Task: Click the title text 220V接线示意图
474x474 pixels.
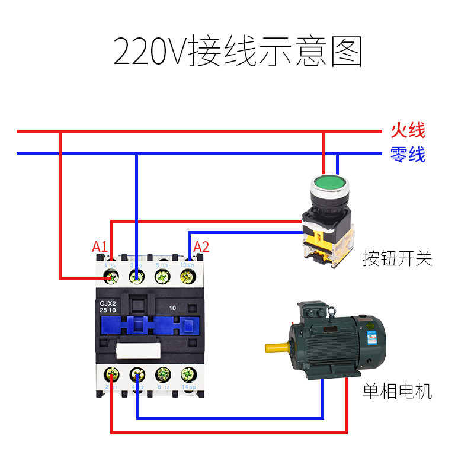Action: tap(237, 52)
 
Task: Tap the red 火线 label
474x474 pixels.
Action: tap(408, 130)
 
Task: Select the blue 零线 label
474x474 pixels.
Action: tap(408, 155)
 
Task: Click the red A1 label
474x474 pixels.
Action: tap(100, 247)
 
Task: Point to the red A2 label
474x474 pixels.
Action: tap(201, 247)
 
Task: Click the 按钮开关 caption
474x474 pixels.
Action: tap(398, 258)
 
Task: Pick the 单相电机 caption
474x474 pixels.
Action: tap(398, 392)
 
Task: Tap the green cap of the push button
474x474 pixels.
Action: tap(327, 183)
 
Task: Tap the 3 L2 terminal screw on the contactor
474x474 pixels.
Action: tap(137, 276)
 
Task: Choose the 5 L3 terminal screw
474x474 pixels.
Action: tap(162, 276)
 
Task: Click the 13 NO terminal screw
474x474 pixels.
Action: tap(188, 276)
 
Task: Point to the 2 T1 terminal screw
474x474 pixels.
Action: tap(111, 374)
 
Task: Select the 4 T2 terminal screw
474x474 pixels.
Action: tap(137, 374)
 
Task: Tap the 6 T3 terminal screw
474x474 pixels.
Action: tap(162, 374)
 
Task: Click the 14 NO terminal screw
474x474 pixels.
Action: tap(188, 374)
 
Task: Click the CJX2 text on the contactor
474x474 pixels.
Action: tap(108, 303)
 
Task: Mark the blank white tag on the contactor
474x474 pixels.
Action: tap(138, 350)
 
